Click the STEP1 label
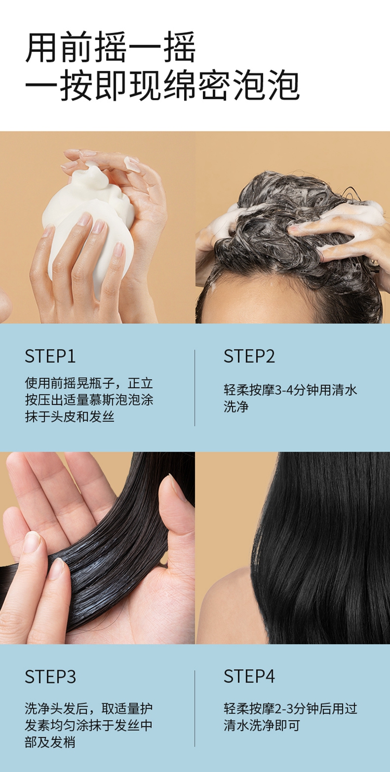coord(50,356)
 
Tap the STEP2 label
coord(249,356)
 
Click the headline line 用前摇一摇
coord(111,47)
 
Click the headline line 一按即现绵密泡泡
coord(162,85)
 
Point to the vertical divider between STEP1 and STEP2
coord(195,388)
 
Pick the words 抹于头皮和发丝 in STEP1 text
coord(69,417)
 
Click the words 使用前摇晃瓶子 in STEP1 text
coord(69,383)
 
